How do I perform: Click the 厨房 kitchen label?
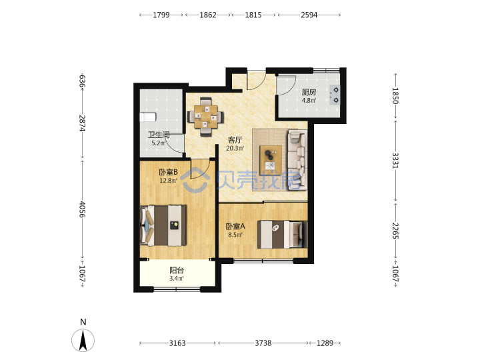coord(309,92)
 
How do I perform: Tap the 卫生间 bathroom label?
coord(159,135)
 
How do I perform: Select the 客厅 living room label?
coord(235,140)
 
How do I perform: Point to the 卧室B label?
coord(168,172)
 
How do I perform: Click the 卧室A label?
coord(235,226)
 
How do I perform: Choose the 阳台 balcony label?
coord(177,270)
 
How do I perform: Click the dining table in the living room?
coord(205,117)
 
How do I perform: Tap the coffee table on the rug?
coord(271,160)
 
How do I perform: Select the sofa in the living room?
coord(297,160)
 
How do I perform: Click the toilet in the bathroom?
coord(148,117)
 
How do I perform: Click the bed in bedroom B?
coord(163,225)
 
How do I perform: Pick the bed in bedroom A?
coord(282,234)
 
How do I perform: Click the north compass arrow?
coord(83,340)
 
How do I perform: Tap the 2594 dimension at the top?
coord(309,15)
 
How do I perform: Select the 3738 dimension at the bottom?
coord(263,343)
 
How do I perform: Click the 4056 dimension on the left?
coord(82,209)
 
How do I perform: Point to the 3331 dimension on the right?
coord(395,161)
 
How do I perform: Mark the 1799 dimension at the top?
coord(161,15)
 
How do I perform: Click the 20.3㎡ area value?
coord(235,149)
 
